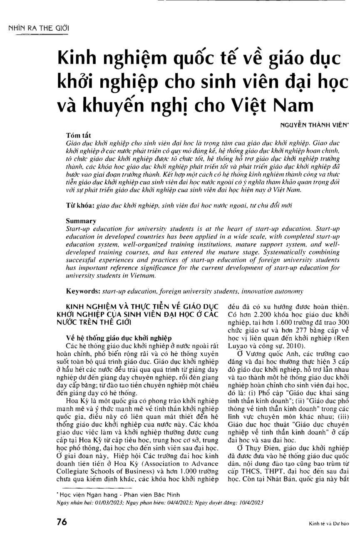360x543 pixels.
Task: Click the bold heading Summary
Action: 81,220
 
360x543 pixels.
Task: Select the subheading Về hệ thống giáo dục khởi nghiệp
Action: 113,338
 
